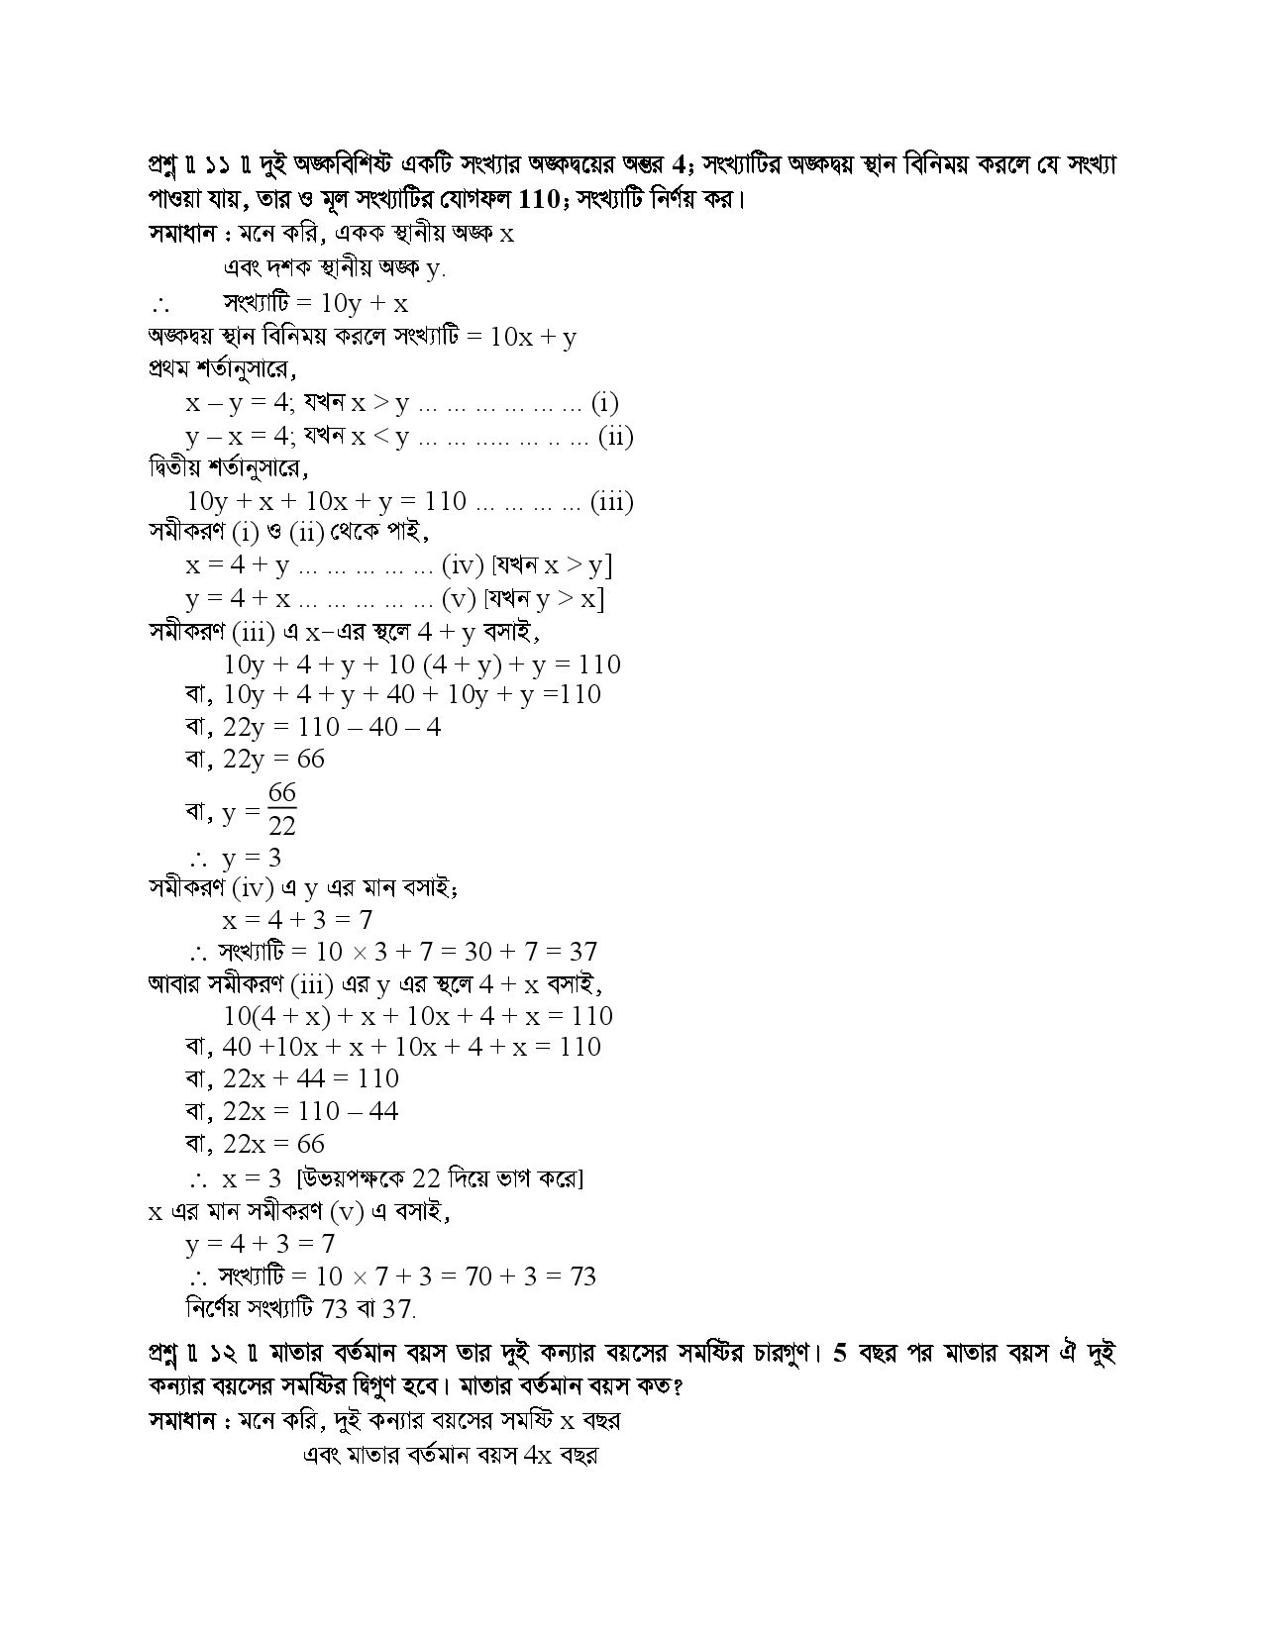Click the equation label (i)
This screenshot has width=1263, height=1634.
click(604, 403)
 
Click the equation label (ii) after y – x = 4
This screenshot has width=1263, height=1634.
click(615, 436)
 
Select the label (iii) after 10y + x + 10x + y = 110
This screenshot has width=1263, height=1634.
click(611, 501)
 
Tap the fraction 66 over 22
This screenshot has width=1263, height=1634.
click(281, 809)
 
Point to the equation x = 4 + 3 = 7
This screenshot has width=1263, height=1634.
click(297, 919)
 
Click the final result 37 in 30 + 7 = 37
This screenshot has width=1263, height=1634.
click(582, 952)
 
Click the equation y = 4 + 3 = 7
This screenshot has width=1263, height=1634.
click(261, 1244)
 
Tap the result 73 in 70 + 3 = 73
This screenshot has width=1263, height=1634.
click(581, 1276)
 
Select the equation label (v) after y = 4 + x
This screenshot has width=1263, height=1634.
click(459, 599)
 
